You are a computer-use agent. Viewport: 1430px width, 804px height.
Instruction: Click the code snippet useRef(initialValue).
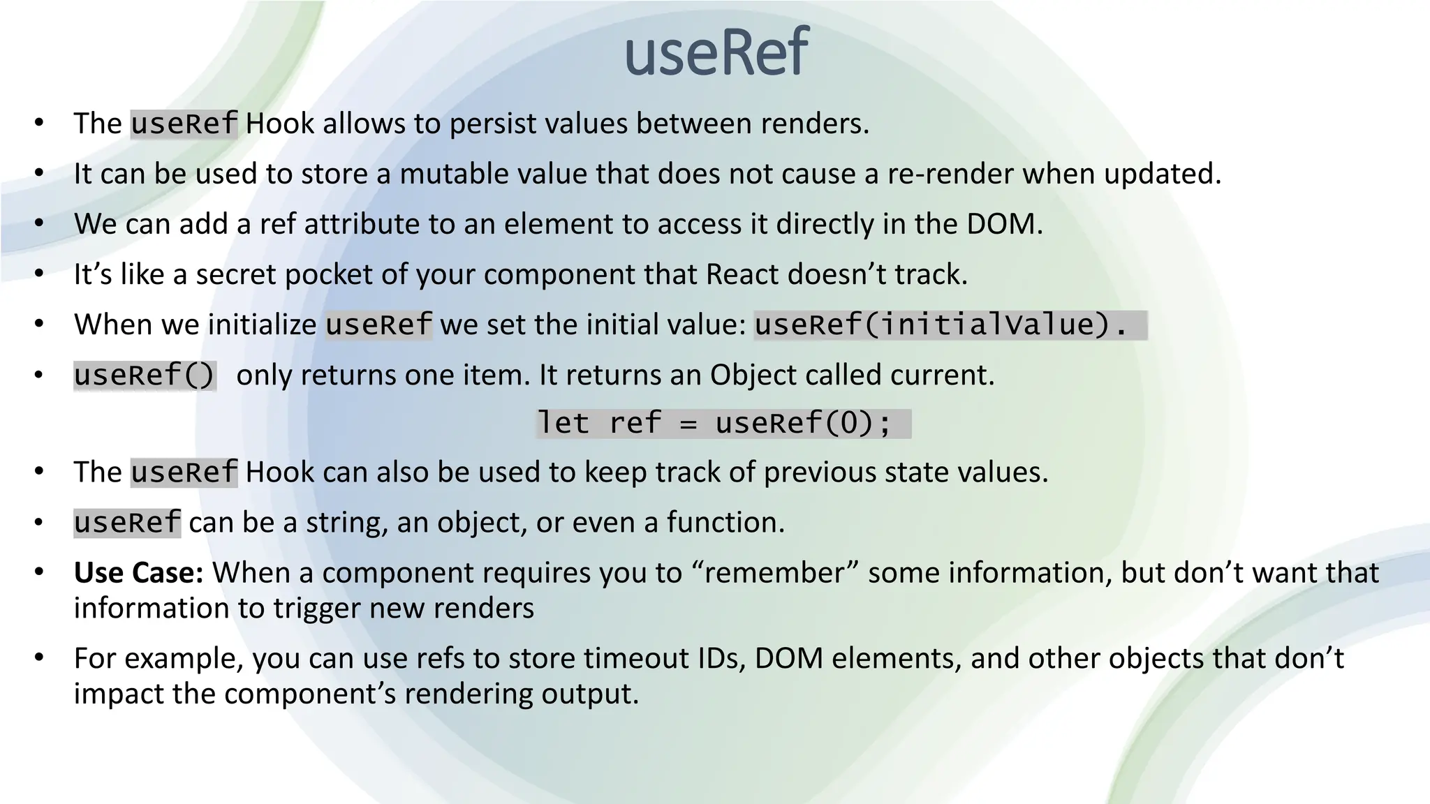(942, 325)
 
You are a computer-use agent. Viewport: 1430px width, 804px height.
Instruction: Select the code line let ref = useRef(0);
(715, 424)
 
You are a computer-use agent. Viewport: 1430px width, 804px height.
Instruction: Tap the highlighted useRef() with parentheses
(145, 375)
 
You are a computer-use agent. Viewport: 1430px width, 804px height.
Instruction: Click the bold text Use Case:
(138, 573)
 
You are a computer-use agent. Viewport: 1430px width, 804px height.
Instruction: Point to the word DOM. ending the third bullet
(1004, 224)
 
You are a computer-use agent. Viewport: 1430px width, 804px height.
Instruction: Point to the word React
(743, 274)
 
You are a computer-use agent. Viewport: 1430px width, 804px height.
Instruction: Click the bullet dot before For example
(39, 657)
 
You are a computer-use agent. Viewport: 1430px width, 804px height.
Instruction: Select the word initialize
(263, 325)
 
